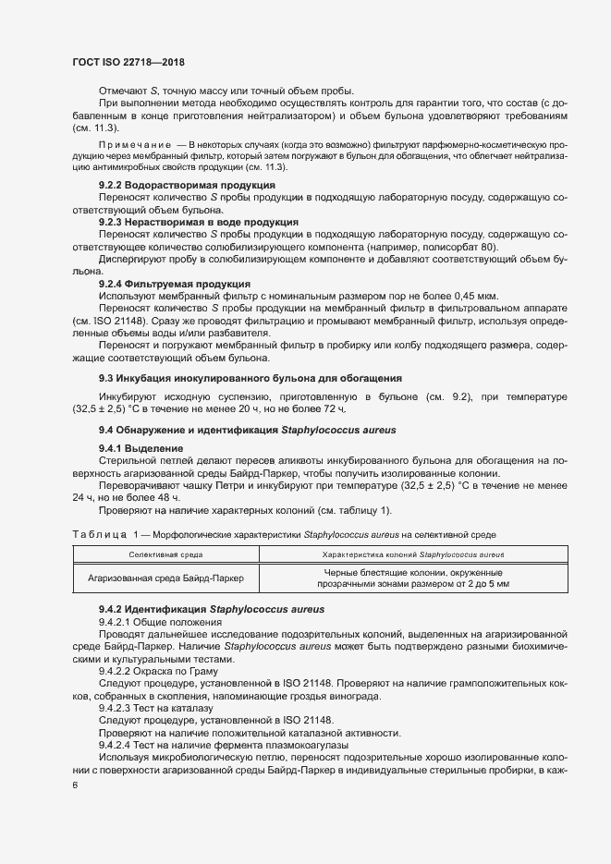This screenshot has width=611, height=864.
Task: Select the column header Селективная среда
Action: coord(166,554)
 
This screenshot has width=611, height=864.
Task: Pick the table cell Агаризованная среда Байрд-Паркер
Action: coord(166,578)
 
